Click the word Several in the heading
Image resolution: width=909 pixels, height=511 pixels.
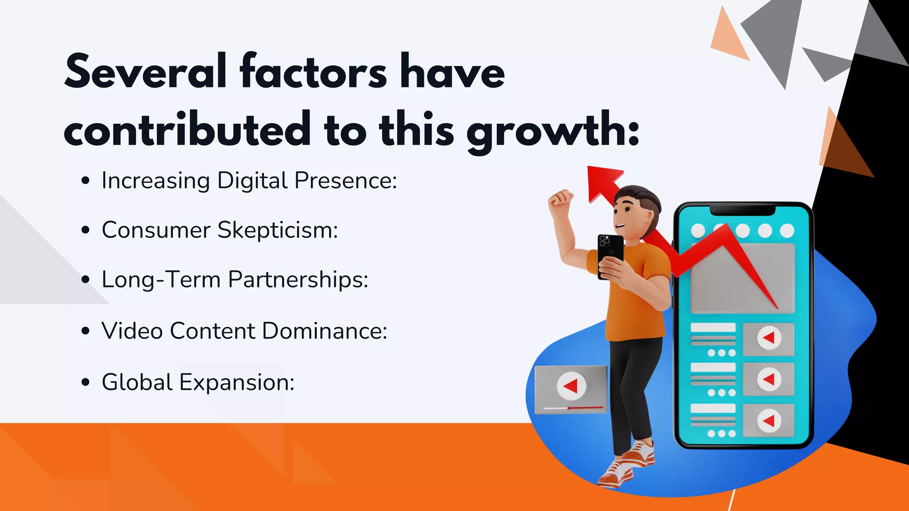click(x=146, y=72)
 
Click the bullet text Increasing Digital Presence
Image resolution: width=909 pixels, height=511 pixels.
click(x=249, y=181)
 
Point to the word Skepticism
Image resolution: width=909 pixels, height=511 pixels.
click(x=277, y=230)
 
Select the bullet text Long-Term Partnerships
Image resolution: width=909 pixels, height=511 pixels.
click(x=235, y=280)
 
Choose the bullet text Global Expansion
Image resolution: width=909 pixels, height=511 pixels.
click(x=198, y=382)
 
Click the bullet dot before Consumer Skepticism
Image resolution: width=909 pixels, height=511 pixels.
click(x=86, y=230)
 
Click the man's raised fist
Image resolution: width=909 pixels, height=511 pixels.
click(x=560, y=199)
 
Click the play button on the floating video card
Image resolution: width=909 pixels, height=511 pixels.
click(x=571, y=385)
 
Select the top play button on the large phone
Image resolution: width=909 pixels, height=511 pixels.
click(x=769, y=338)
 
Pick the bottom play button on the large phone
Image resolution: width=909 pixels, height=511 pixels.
click(x=769, y=421)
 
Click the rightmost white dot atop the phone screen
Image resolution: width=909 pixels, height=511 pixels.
click(x=787, y=231)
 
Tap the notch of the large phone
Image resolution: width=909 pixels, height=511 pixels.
click(x=743, y=210)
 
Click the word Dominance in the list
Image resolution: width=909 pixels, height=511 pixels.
click(x=324, y=331)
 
